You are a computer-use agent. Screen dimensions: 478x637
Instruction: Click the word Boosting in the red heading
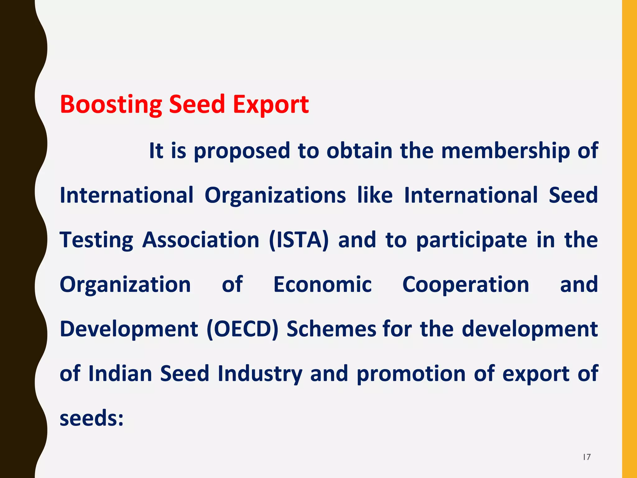(x=111, y=105)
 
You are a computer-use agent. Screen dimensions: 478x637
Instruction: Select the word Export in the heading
(x=271, y=105)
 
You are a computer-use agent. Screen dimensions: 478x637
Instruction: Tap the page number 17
(x=587, y=457)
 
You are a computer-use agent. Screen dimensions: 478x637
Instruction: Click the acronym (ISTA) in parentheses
(x=299, y=240)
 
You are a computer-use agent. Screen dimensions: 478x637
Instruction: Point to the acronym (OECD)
(x=243, y=329)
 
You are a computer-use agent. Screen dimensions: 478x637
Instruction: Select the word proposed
(x=242, y=151)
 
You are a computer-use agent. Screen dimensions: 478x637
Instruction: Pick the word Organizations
(x=275, y=195)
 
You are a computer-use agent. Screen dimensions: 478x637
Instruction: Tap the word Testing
(x=96, y=240)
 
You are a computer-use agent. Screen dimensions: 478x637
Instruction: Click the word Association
(x=201, y=240)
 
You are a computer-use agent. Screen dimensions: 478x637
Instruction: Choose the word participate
(x=472, y=240)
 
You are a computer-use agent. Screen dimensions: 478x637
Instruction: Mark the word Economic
(x=323, y=284)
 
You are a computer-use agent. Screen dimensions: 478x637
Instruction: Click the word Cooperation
(x=466, y=284)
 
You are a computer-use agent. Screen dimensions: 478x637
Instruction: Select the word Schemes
(x=331, y=329)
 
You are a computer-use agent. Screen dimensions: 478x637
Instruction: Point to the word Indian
(x=120, y=373)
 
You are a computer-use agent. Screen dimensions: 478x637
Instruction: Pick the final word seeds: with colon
(x=92, y=418)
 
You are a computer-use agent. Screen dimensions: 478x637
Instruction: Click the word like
(x=375, y=195)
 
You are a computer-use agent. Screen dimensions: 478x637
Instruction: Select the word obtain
(x=359, y=151)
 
